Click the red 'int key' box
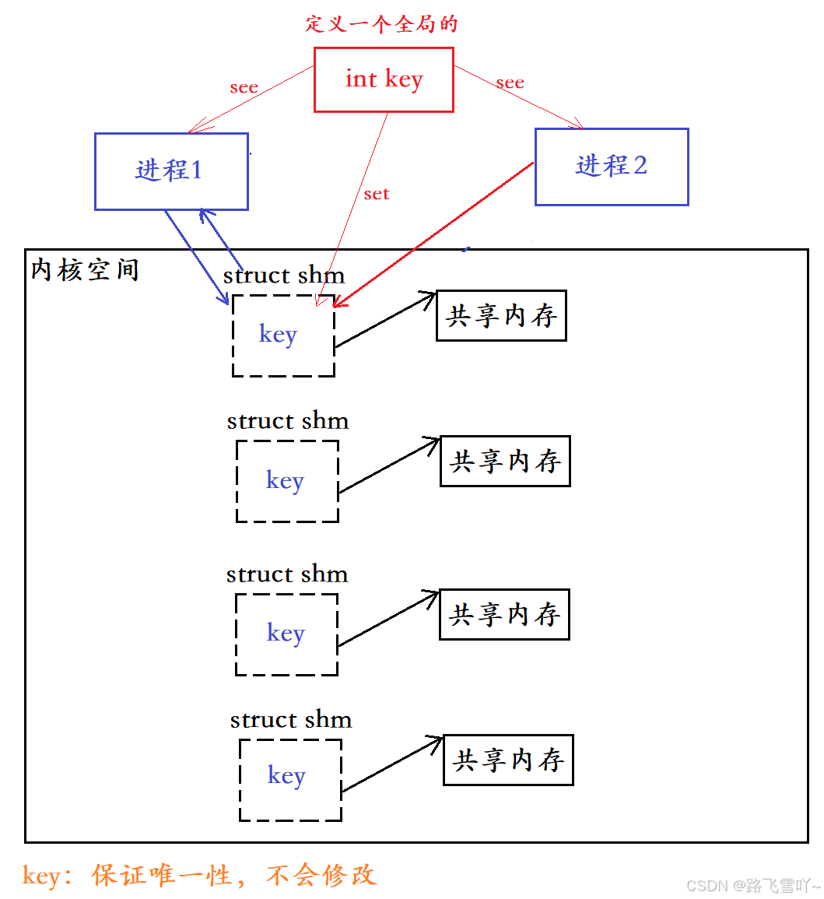click(383, 79)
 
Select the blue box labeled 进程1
click(171, 170)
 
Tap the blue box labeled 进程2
click(612, 167)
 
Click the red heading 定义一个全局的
click(381, 23)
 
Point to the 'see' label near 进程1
click(244, 87)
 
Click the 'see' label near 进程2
click(510, 83)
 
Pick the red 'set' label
click(376, 194)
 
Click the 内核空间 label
click(85, 270)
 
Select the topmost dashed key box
click(283, 335)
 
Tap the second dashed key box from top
click(287, 481)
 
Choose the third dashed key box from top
click(286, 634)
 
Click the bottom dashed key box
click(289, 779)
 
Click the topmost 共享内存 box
click(501, 316)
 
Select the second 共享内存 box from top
click(505, 462)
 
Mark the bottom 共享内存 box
click(508, 760)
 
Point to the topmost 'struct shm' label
click(284, 276)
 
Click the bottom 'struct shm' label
click(291, 720)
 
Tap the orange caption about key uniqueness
click(199, 876)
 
